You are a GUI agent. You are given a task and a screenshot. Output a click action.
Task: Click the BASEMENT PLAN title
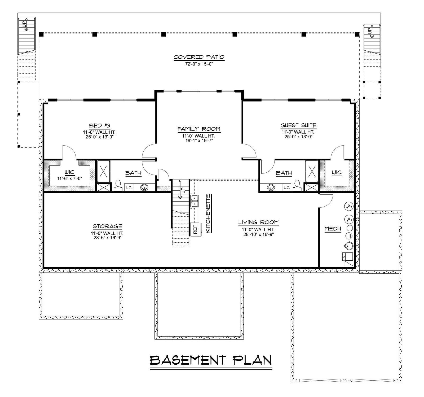click(211, 360)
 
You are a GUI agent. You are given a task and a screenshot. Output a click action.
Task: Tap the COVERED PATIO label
click(199, 57)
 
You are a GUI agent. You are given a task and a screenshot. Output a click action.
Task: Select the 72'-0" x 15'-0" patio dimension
click(199, 64)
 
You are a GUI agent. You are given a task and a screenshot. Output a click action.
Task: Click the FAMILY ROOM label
click(199, 129)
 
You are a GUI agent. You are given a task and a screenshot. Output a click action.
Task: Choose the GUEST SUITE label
click(298, 125)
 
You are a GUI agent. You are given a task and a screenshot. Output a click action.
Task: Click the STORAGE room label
click(107, 226)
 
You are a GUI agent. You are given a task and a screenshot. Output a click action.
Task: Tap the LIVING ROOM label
click(258, 222)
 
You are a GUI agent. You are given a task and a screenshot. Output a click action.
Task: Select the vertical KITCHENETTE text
click(208, 213)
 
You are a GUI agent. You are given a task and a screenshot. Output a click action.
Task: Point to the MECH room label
click(333, 229)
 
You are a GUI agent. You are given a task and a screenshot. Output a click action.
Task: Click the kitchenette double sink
click(195, 201)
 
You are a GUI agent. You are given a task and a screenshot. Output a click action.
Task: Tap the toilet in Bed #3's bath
click(118, 185)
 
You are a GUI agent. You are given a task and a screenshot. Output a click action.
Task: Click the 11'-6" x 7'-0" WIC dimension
click(70, 178)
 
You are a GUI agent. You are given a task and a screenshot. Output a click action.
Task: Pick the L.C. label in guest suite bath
click(287, 187)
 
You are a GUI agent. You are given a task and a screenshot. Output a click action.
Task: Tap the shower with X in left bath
click(103, 171)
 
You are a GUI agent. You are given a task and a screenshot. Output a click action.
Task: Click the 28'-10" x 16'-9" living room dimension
click(258, 234)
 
